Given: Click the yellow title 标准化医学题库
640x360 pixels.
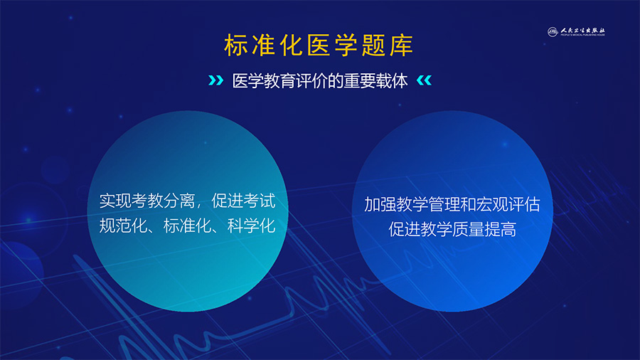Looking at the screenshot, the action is pyautogui.click(x=319, y=45).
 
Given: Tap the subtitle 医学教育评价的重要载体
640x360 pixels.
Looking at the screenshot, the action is pyautogui.click(x=320, y=81).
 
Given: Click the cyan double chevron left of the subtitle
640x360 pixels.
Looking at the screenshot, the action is pyautogui.click(x=216, y=80).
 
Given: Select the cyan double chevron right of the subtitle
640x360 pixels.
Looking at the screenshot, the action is pyautogui.click(x=424, y=80).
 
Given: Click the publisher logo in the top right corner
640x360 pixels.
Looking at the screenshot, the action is pyautogui.click(x=576, y=32).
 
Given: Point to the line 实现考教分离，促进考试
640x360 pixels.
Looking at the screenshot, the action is pyautogui.click(x=187, y=201).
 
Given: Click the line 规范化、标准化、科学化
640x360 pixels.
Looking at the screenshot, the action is pyautogui.click(x=187, y=226).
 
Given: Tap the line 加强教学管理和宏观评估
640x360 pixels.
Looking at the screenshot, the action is pyautogui.click(x=452, y=204).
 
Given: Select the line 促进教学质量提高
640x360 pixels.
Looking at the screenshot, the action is pyautogui.click(x=452, y=229).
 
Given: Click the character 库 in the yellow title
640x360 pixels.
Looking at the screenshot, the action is pyautogui.click(x=401, y=45).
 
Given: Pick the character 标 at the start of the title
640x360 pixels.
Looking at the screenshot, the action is pyautogui.click(x=236, y=45).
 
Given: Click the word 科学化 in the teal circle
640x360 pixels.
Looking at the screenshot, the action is pyautogui.click(x=252, y=226).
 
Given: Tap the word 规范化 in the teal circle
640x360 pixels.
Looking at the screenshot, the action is pyautogui.click(x=123, y=226).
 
